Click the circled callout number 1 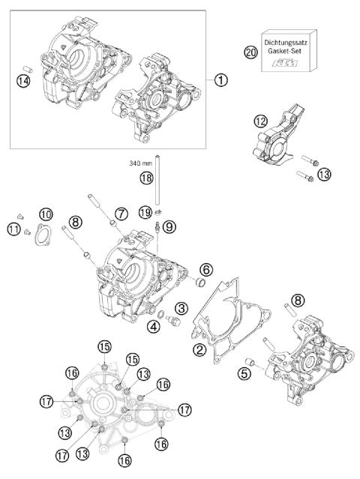tap(219, 79)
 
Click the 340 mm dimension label tap(136, 160)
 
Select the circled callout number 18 tap(146, 177)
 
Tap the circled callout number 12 tap(259, 120)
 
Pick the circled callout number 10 tap(46, 215)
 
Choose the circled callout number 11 tap(13, 229)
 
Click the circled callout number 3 tap(181, 307)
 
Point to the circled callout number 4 tap(152, 325)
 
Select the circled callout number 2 tap(199, 349)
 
